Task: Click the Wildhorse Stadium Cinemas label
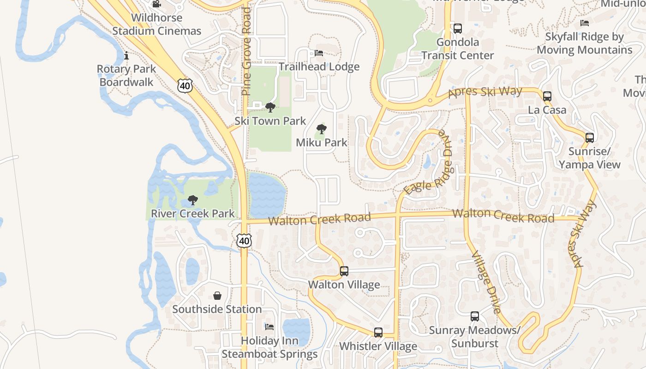click(x=157, y=24)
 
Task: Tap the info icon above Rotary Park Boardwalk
click(x=126, y=56)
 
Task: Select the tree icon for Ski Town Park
click(x=270, y=107)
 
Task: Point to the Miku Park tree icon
click(x=322, y=129)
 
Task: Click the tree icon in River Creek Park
click(x=193, y=200)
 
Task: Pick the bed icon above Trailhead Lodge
click(x=319, y=53)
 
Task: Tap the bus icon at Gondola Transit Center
click(x=458, y=29)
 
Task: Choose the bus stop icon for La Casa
click(x=547, y=96)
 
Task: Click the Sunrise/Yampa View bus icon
click(x=590, y=137)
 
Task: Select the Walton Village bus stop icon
click(x=344, y=271)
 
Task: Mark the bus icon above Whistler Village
click(x=378, y=332)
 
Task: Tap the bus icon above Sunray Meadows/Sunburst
click(x=475, y=316)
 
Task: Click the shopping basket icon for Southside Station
click(x=217, y=296)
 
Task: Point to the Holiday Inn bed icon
click(x=270, y=327)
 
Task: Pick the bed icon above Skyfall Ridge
click(x=585, y=23)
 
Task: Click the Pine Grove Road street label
click(x=246, y=51)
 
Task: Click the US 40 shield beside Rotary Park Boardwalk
click(x=185, y=85)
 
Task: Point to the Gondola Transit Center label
click(x=458, y=49)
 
